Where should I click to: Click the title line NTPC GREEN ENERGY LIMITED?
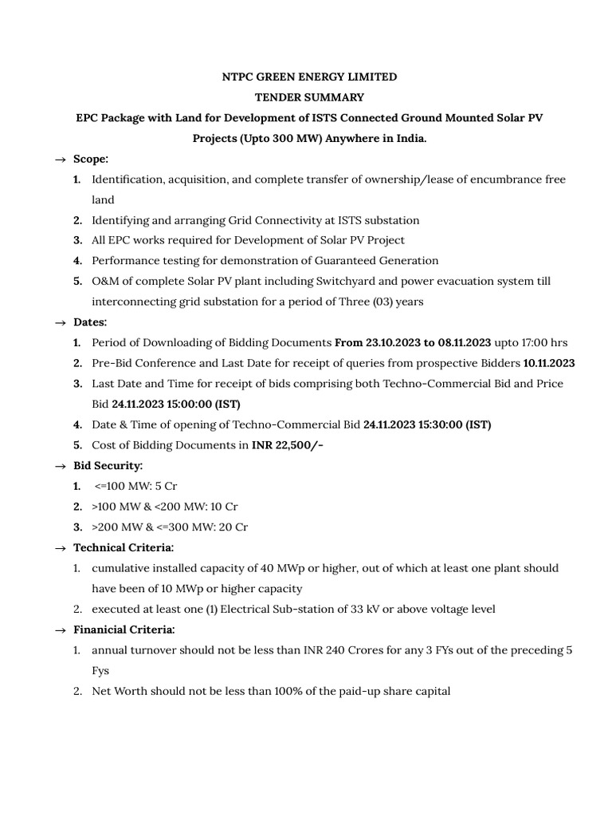308,77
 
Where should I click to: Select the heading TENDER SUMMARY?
309,97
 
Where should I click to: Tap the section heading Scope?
91,159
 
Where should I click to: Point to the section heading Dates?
90,322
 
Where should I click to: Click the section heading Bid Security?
108,465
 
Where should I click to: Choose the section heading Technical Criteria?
124,547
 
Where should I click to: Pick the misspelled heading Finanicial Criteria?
124,630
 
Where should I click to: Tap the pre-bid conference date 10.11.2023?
549,363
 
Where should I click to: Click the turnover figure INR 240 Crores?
343,650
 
